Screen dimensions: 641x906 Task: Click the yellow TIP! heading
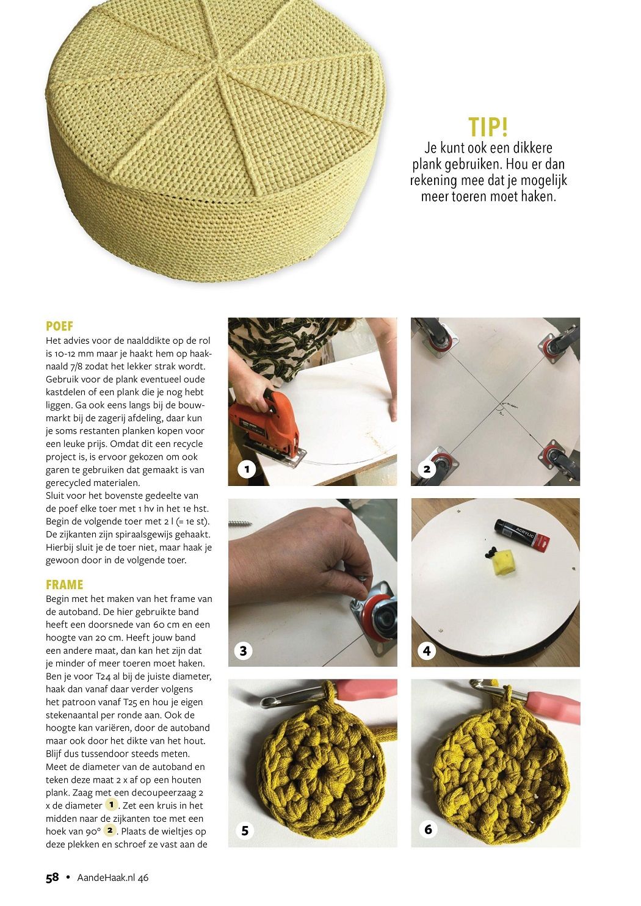click(488, 126)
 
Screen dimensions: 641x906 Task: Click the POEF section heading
click(59, 326)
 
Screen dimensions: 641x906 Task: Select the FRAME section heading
click(64, 584)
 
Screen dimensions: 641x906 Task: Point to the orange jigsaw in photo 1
click(266, 428)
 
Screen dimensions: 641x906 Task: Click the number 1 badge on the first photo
click(247, 469)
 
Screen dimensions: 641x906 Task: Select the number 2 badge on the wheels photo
click(427, 469)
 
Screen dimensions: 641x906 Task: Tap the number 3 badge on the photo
click(244, 651)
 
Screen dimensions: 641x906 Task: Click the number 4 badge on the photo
click(427, 651)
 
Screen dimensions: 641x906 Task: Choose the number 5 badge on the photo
click(245, 831)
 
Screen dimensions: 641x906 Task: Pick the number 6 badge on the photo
click(429, 830)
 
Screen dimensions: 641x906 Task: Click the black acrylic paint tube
click(522, 535)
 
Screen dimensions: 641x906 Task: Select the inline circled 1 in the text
click(111, 805)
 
